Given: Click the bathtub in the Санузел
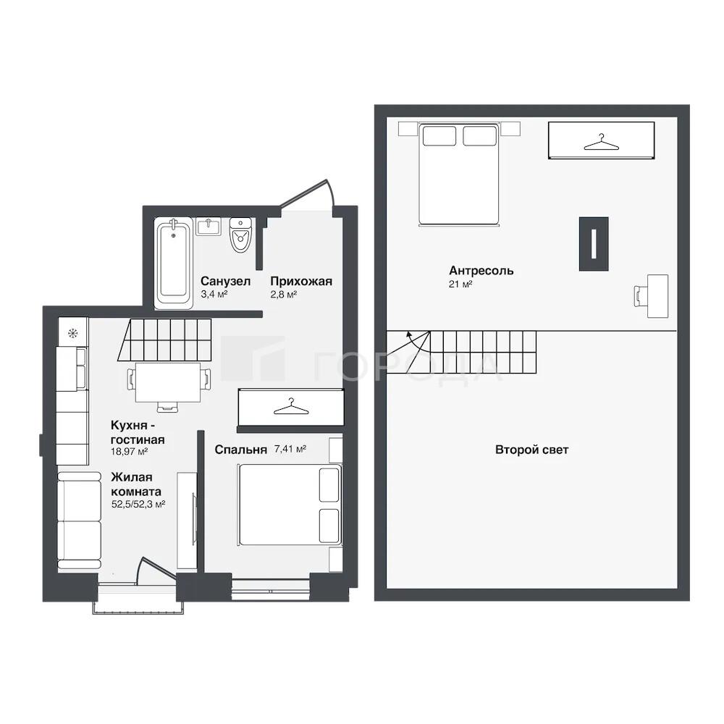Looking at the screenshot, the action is [x=173, y=263].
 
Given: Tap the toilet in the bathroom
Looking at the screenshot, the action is [x=240, y=235].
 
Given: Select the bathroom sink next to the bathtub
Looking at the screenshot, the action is [x=211, y=226].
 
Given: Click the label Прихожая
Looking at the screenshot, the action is [x=301, y=281].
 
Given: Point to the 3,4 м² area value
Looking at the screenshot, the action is [x=214, y=294].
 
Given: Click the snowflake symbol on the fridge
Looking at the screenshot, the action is [x=73, y=332].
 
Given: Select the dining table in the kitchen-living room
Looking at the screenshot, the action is [x=168, y=382].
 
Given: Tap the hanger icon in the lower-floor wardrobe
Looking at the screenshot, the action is [x=290, y=406].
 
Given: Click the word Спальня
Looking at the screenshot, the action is [x=240, y=450].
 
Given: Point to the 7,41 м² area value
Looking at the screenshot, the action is [x=290, y=449].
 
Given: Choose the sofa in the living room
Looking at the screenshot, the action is [x=79, y=521].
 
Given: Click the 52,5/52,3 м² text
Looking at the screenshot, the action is [x=138, y=504].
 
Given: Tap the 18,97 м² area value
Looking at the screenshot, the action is [x=129, y=452].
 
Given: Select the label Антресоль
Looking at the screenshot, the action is [x=481, y=270].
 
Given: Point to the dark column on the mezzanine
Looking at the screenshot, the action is [x=594, y=243].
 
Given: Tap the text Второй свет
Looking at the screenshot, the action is [x=531, y=450].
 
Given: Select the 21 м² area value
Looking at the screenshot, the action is [x=460, y=284].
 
